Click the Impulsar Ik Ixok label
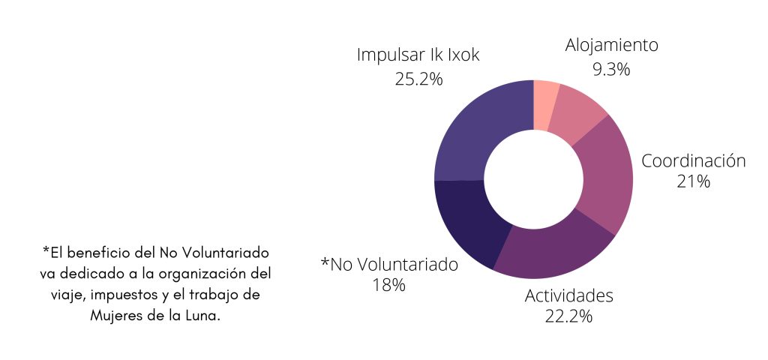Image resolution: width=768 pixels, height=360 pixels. (x=418, y=55)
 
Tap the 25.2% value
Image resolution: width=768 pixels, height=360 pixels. (x=418, y=78)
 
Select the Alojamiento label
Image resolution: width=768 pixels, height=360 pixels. (x=611, y=45)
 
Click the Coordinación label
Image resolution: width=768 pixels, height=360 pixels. (x=693, y=160)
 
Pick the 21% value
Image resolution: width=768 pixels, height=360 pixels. (x=693, y=181)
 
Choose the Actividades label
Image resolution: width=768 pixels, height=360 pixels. (x=569, y=295)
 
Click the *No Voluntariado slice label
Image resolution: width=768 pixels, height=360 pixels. (x=389, y=264)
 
